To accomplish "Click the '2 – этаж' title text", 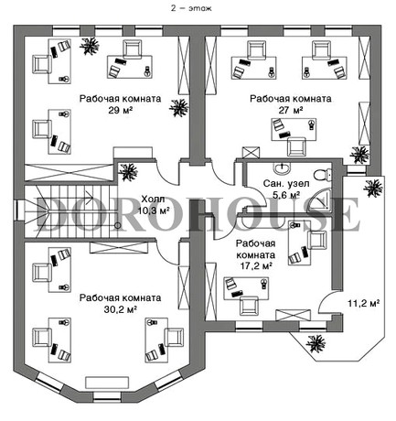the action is [191, 8].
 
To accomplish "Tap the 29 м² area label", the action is [120, 110].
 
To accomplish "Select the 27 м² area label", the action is [291, 110].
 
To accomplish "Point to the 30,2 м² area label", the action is [120, 309].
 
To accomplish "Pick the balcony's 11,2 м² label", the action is [363, 304].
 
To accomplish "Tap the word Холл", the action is [153, 200].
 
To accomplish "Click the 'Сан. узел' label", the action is [286, 184].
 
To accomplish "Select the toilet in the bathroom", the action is [323, 175].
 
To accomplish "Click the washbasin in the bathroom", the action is [283, 168].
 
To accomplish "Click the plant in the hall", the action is [128, 172].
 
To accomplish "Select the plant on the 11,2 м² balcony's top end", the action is [373, 188].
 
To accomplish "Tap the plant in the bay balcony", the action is [316, 344].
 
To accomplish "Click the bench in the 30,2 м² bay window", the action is [107, 383].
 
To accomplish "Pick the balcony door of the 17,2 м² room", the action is [328, 301].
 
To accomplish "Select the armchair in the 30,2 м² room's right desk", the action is [174, 338].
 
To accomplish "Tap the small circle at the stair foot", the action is [117, 225].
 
